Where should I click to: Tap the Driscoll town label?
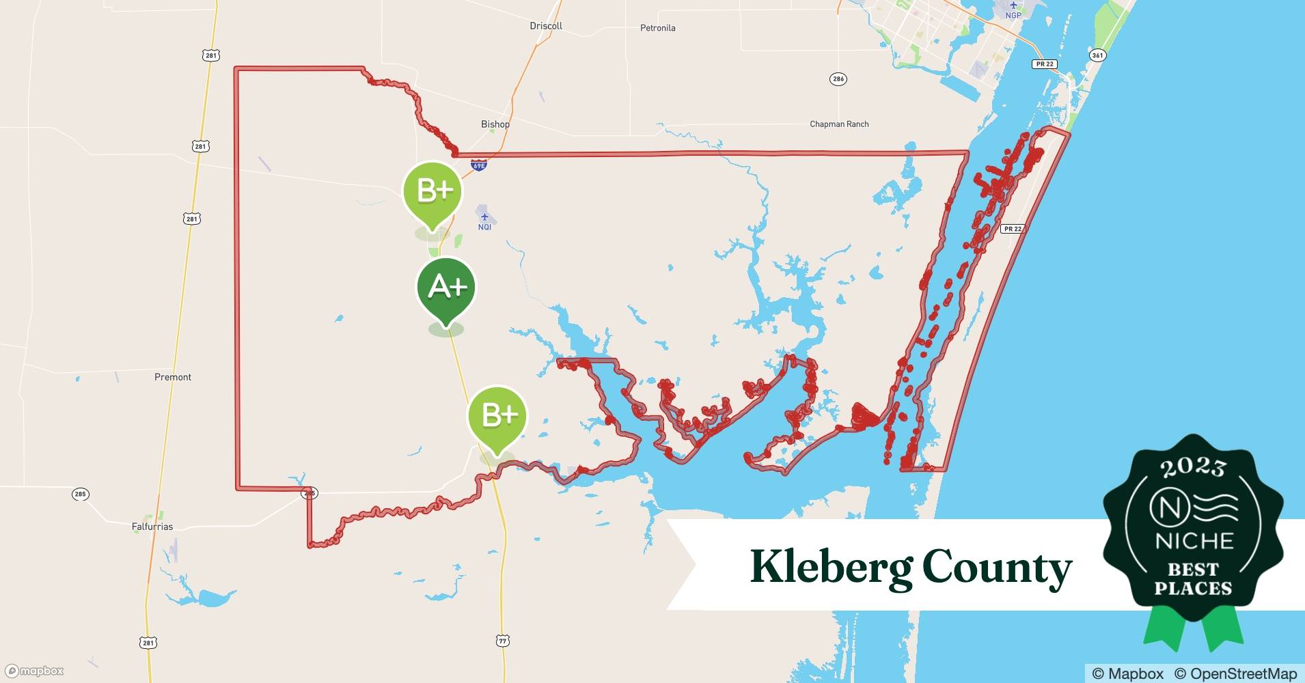pyautogui.click(x=546, y=26)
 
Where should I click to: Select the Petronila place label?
pyautogui.click(x=657, y=28)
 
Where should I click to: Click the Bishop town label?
pyautogui.click(x=495, y=124)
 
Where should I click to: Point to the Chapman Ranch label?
pyautogui.click(x=839, y=124)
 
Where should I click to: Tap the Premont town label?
pyautogui.click(x=173, y=377)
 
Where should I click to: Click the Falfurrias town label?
pyautogui.click(x=152, y=527)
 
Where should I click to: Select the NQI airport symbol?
pyautogui.click(x=484, y=217)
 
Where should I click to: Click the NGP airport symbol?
pyautogui.click(x=1013, y=5)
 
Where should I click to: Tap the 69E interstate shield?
pyautogui.click(x=479, y=165)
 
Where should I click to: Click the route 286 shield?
pyautogui.click(x=838, y=79)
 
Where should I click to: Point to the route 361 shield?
pyautogui.click(x=1097, y=55)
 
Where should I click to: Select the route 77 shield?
pyautogui.click(x=503, y=641)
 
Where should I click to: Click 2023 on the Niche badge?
pyautogui.click(x=1193, y=466)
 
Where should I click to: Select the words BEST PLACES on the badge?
pyautogui.click(x=1193, y=579)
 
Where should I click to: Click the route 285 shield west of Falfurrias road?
pyautogui.click(x=81, y=494)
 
